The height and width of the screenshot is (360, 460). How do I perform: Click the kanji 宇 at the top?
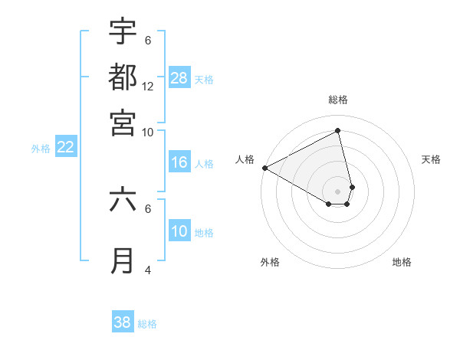tap(123, 31)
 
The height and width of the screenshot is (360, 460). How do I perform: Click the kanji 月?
tap(123, 260)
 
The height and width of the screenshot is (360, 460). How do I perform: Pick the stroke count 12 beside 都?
tap(148, 86)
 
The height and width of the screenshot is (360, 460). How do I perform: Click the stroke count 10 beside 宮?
tap(148, 132)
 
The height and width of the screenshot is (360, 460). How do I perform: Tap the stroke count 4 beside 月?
tap(148, 270)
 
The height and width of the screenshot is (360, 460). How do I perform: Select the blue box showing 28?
tap(179, 78)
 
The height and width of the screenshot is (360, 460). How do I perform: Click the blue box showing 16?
tap(179, 162)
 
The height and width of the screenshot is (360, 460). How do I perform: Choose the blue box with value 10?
tap(179, 231)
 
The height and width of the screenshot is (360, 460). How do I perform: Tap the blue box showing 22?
tap(65, 148)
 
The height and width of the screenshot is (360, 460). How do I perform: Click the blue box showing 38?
tap(123, 322)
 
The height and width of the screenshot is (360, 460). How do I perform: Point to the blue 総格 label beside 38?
tap(147, 324)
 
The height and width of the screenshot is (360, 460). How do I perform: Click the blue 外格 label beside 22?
tap(41, 149)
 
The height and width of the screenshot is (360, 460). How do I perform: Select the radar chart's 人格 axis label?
tap(245, 159)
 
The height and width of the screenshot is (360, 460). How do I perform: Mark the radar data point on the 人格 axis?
tap(264, 168)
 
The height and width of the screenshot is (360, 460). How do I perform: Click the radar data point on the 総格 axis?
tap(338, 131)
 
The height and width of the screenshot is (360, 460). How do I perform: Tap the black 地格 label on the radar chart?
tap(402, 262)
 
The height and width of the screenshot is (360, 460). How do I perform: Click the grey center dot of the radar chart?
tap(337, 191)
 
